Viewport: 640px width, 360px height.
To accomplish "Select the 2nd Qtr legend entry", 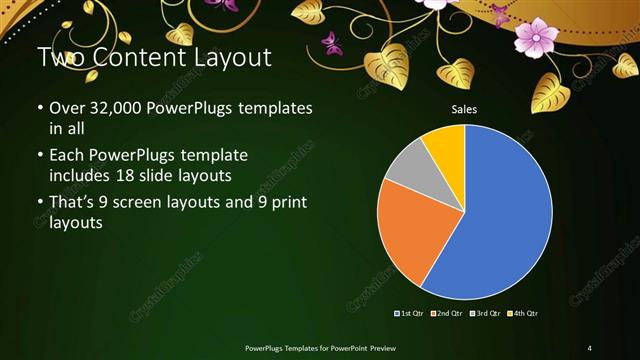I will tap(447, 314).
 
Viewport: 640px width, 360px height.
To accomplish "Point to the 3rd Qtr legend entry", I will tap(484, 314).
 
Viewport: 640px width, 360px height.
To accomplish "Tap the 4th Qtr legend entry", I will tap(522, 314).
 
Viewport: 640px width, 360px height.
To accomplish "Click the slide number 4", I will tap(590, 347).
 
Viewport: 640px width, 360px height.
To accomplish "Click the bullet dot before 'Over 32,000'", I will tap(39, 108).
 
